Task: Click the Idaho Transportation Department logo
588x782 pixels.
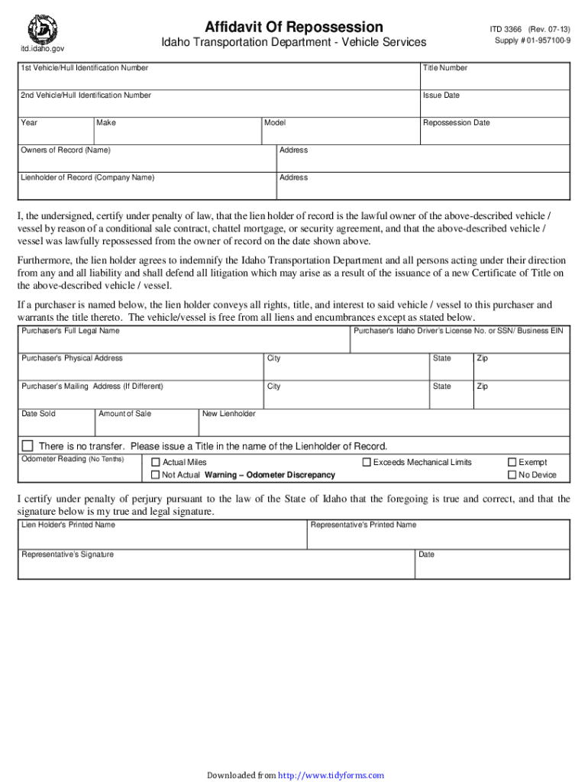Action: (43, 29)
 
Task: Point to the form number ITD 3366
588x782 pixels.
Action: (506, 28)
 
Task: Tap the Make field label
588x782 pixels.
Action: (106, 122)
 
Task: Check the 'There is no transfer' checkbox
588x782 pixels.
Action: (27, 446)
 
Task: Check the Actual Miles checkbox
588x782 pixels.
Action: (156, 462)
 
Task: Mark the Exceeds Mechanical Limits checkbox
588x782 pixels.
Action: (367, 462)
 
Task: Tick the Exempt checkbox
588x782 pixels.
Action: (512, 462)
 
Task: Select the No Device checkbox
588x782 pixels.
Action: (512, 475)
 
